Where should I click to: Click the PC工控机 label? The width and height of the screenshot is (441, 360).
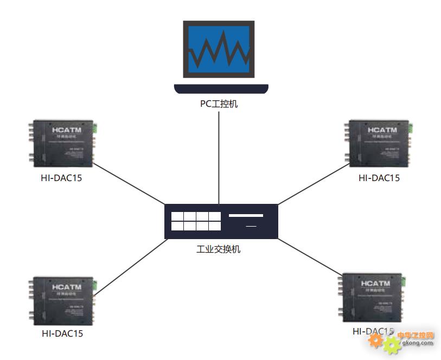(x=219, y=104)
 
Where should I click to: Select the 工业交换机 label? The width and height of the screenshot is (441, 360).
(x=219, y=250)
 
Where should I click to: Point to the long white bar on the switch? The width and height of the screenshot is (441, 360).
(x=246, y=216)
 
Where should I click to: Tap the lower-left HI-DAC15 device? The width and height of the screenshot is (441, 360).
(x=61, y=300)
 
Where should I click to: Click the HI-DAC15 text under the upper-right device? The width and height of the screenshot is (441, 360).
(x=379, y=178)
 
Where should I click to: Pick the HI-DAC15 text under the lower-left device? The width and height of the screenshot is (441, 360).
(x=62, y=334)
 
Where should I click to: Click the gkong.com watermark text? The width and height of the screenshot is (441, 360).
(x=418, y=342)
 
